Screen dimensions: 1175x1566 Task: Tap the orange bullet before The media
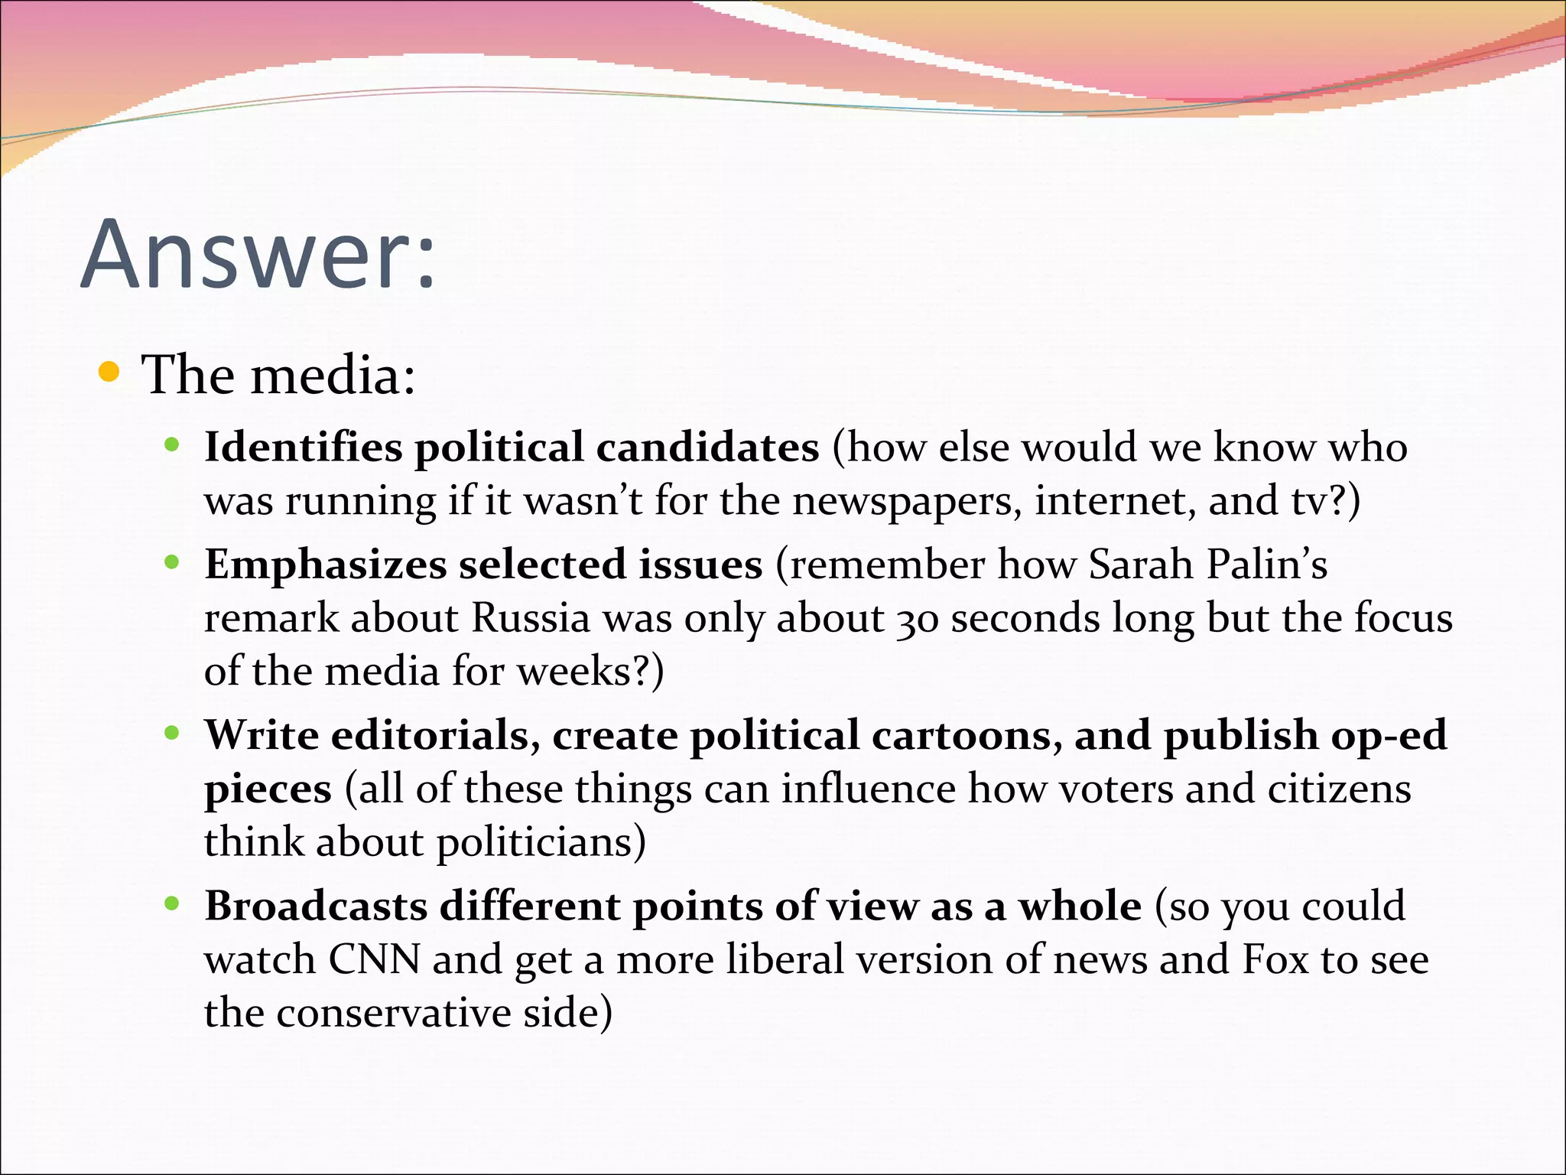tap(110, 373)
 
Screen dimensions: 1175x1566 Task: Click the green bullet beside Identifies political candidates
tap(172, 444)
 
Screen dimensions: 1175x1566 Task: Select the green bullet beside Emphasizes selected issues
tap(172, 562)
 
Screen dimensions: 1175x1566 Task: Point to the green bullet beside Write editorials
tap(172, 733)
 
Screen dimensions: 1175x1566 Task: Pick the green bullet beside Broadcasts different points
tap(172, 904)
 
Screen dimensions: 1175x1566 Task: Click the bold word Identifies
tap(303, 448)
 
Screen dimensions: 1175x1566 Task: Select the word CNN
tap(375, 959)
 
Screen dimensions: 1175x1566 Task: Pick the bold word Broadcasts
tap(316, 906)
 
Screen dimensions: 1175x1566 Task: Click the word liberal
tap(785, 959)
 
